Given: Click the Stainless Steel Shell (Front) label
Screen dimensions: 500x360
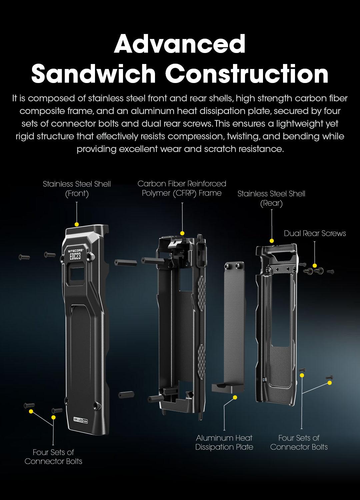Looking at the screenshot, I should pos(77,189).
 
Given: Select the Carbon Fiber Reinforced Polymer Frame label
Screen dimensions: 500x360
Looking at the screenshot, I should pos(182,188).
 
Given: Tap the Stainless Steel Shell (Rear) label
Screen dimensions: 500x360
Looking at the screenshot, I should pos(271,198).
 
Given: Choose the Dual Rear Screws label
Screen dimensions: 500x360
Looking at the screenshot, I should pos(315,233).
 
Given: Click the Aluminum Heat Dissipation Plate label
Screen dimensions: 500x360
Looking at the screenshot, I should pos(224,442).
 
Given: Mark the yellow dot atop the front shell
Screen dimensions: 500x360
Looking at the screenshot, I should pos(77,224).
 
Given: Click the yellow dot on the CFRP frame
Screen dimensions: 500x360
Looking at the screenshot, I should pos(182,233).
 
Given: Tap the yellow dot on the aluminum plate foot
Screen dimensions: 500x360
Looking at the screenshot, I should pos(235,397).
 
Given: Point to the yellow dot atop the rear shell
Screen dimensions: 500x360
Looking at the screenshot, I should pos(272,241).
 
